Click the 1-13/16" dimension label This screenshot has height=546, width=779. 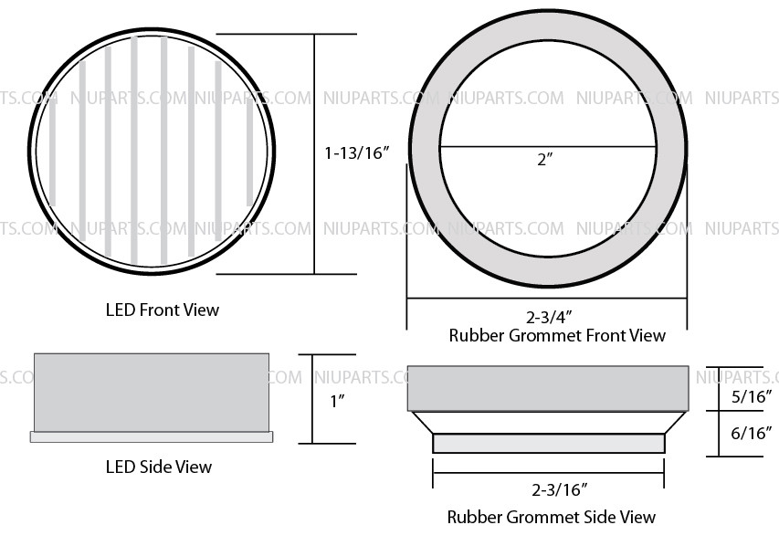[356, 152]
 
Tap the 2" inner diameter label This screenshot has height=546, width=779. [545, 160]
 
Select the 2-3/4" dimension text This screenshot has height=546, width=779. [549, 317]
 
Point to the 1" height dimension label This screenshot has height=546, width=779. [337, 401]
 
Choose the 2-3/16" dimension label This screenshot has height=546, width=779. [560, 490]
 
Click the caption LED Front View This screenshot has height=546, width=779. [163, 310]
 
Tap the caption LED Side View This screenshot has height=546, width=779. [159, 467]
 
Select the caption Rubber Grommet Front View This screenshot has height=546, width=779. [557, 335]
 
